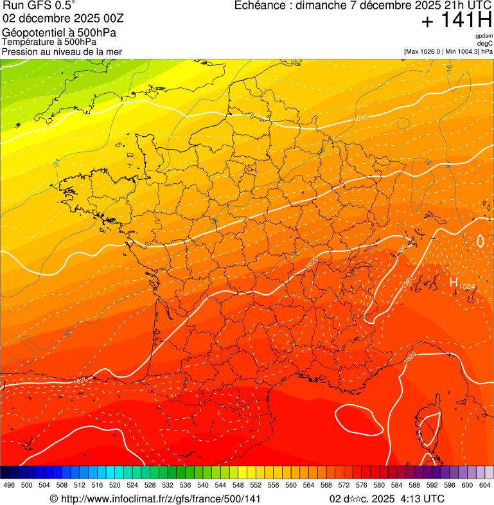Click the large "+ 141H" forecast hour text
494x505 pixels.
point(457,21)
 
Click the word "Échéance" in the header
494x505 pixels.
point(260,6)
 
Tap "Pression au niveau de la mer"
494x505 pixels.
point(62,51)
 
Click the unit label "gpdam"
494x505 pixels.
point(484,36)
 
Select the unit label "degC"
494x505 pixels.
point(485,43)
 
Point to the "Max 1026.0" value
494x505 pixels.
point(423,51)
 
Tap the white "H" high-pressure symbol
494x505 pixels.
point(454,282)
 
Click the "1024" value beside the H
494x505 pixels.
point(467,285)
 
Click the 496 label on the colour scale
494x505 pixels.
point(9,484)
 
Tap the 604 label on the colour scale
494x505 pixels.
point(484,484)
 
